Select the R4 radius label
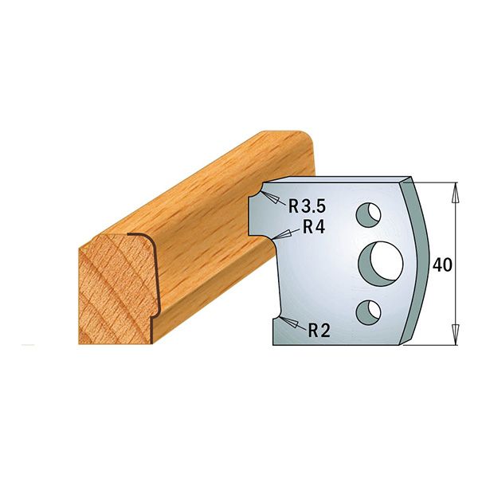[312, 227]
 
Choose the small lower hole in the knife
[369, 310]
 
